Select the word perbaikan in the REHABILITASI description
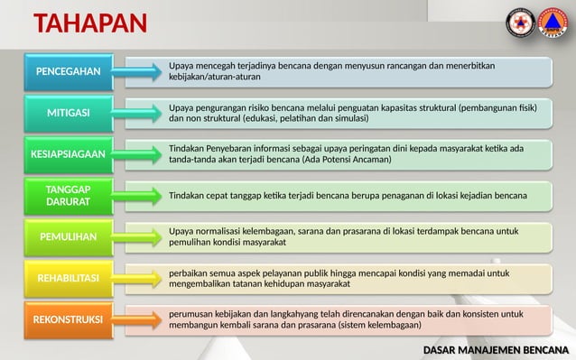tap(188, 272)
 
